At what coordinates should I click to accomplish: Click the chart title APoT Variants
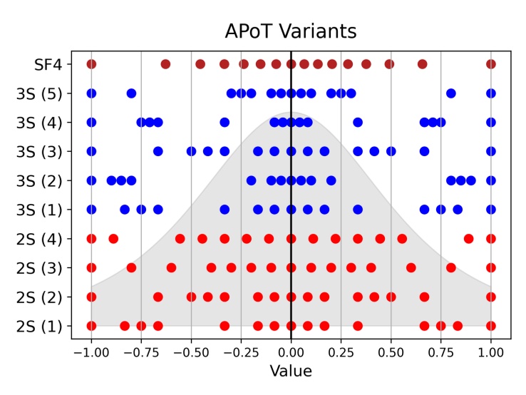click(x=291, y=32)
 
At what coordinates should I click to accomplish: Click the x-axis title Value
click(x=291, y=371)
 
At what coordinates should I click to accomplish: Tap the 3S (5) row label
click(x=43, y=93)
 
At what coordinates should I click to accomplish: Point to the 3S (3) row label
click(x=43, y=151)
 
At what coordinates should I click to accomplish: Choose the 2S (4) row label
click(x=43, y=239)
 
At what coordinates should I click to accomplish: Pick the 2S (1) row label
click(x=43, y=326)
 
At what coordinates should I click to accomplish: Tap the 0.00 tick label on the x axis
click(x=291, y=352)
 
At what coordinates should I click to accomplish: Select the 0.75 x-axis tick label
click(x=440, y=352)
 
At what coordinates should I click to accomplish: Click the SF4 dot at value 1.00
click(x=490, y=64)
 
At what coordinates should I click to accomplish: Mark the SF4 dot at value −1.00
click(x=91, y=64)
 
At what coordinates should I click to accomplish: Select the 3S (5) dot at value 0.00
click(x=291, y=93)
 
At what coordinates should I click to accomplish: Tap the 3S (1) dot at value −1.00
click(x=91, y=210)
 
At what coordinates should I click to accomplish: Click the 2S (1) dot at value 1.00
click(x=490, y=326)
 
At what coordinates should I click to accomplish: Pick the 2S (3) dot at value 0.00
click(x=291, y=268)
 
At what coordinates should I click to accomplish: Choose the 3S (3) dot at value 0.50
click(x=391, y=151)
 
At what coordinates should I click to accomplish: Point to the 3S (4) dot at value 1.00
click(x=490, y=123)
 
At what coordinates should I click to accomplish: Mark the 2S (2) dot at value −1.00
click(x=91, y=297)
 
